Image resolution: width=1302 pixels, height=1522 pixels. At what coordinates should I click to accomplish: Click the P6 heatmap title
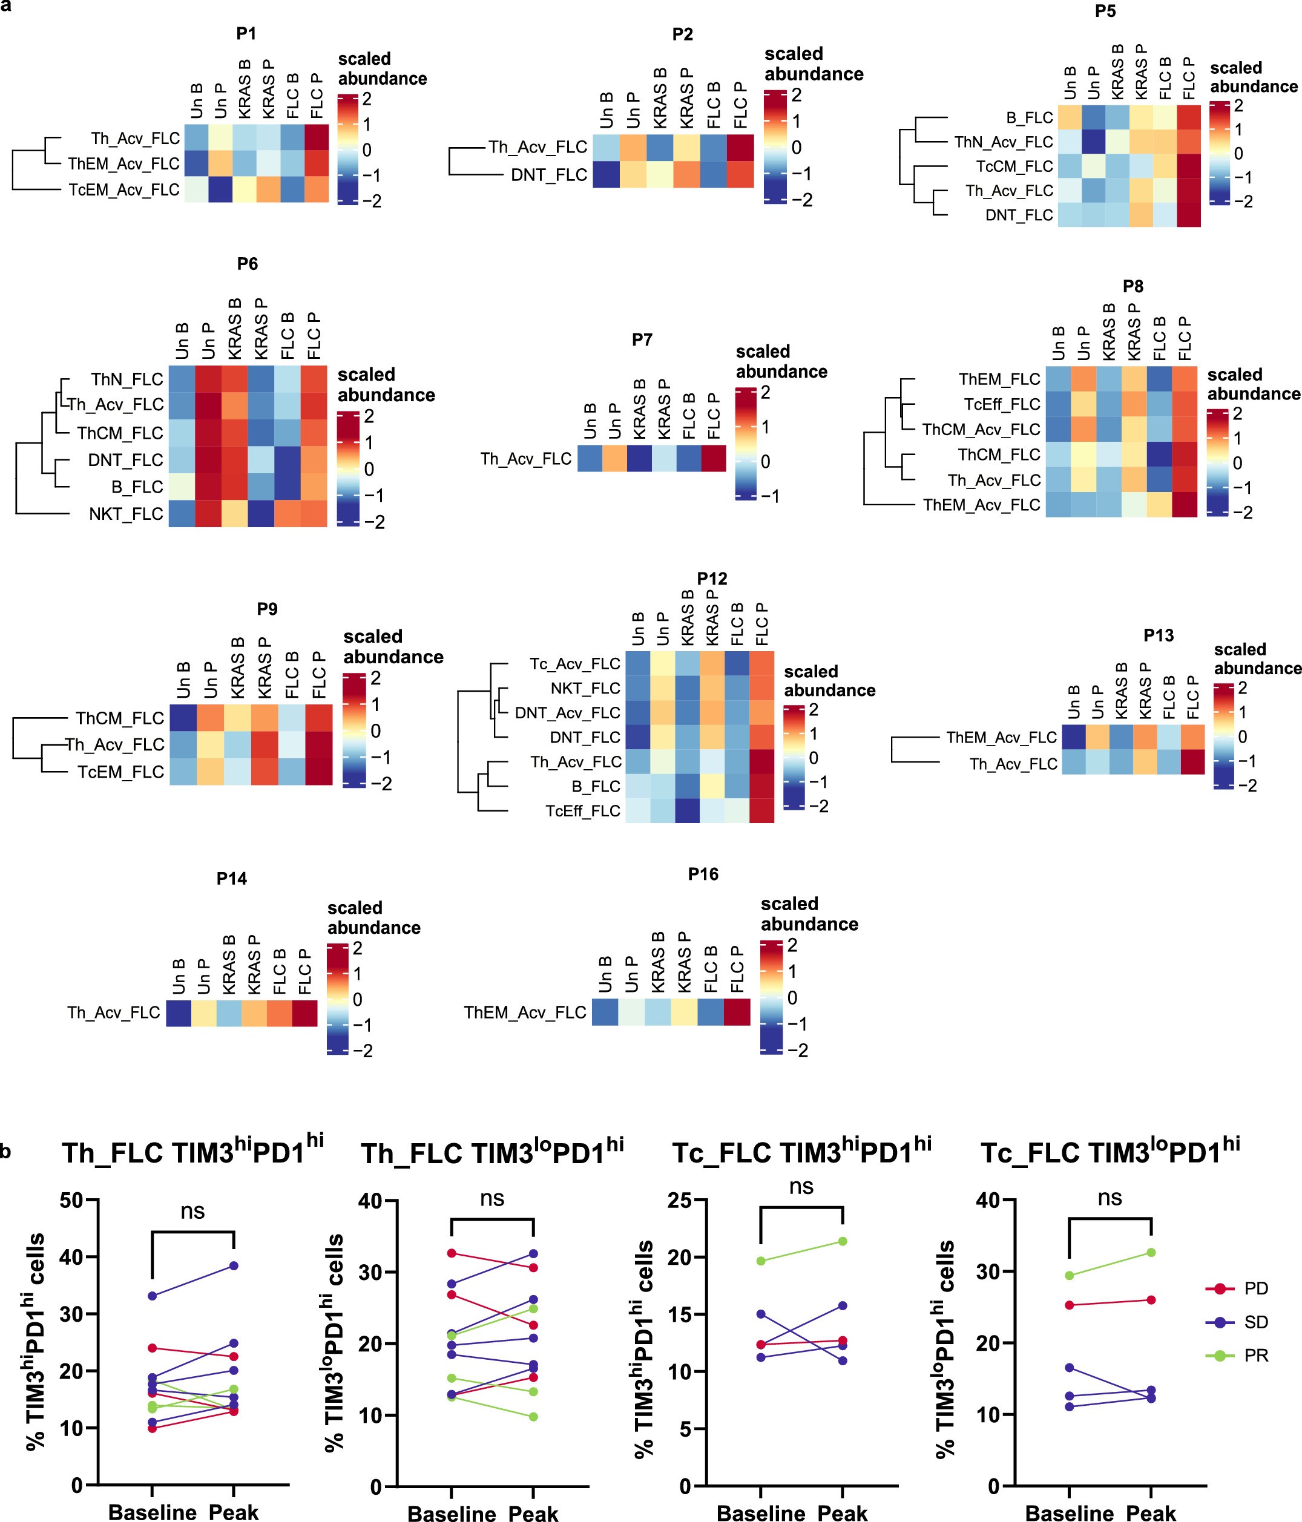click(247, 264)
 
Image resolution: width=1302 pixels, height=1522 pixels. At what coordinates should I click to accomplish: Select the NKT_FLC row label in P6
click(126, 513)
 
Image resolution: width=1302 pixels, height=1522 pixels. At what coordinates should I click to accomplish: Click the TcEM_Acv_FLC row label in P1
click(123, 189)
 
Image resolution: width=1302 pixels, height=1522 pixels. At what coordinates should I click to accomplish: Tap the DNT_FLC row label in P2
click(549, 175)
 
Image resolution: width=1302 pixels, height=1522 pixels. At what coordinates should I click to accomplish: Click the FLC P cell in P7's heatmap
click(712, 458)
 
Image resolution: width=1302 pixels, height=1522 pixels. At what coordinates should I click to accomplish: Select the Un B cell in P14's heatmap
click(179, 1013)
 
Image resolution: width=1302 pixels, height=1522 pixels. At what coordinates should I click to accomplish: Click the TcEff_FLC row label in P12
click(583, 811)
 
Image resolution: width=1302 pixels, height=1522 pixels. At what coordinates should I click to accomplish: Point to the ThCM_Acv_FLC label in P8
click(981, 429)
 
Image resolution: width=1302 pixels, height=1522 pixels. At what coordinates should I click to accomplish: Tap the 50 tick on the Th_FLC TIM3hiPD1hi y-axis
click(71, 1200)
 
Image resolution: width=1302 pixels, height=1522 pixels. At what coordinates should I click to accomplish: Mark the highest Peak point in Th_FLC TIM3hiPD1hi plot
click(234, 1265)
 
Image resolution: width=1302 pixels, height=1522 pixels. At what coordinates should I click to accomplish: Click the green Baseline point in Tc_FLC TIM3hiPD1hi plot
click(761, 1261)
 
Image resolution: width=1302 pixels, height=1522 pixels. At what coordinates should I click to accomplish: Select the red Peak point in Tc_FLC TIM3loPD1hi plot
click(1151, 1300)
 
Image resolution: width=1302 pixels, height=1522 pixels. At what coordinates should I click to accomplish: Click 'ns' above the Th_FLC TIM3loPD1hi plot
click(492, 1199)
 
